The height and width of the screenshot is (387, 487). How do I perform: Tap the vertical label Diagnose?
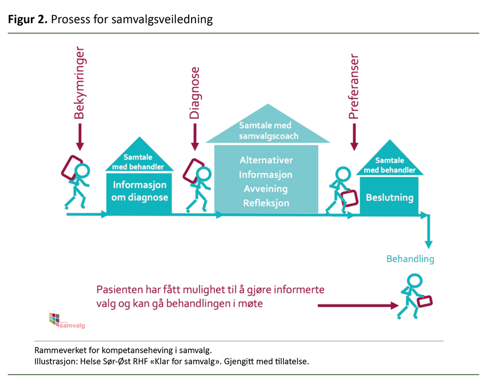pos(194,93)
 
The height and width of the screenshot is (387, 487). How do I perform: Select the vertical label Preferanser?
pos(353,87)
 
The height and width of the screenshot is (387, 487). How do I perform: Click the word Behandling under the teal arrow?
pos(410,259)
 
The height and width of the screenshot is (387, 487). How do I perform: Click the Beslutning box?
pos(389,197)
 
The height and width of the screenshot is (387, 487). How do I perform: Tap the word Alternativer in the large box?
pos(266,160)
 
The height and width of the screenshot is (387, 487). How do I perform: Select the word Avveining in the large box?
pos(266,189)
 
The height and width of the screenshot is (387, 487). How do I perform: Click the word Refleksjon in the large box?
pos(266,203)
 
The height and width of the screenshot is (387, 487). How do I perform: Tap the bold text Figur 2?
pos(27,19)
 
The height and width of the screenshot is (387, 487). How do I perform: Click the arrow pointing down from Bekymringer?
pos(79,137)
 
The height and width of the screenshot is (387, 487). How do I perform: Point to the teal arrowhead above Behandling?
pos(429,244)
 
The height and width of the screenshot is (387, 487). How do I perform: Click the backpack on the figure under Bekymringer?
pos(71,166)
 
